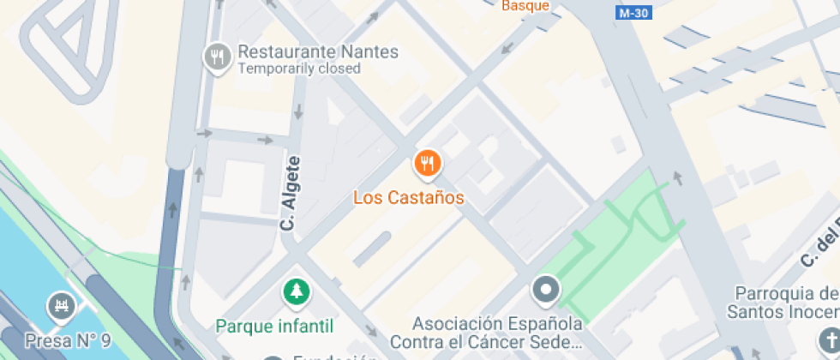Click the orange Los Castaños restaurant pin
(x=427, y=163)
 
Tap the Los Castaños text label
(x=409, y=198)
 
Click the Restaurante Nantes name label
(x=318, y=51)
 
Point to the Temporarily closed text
(x=299, y=69)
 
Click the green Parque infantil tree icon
(x=297, y=291)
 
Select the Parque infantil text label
(x=274, y=326)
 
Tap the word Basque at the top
(x=525, y=6)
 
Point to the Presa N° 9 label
(x=69, y=341)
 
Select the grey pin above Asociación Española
(x=546, y=290)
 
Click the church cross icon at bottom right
(x=829, y=339)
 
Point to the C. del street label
(x=819, y=240)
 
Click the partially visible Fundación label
(x=334, y=357)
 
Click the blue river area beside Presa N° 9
(x=21, y=257)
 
